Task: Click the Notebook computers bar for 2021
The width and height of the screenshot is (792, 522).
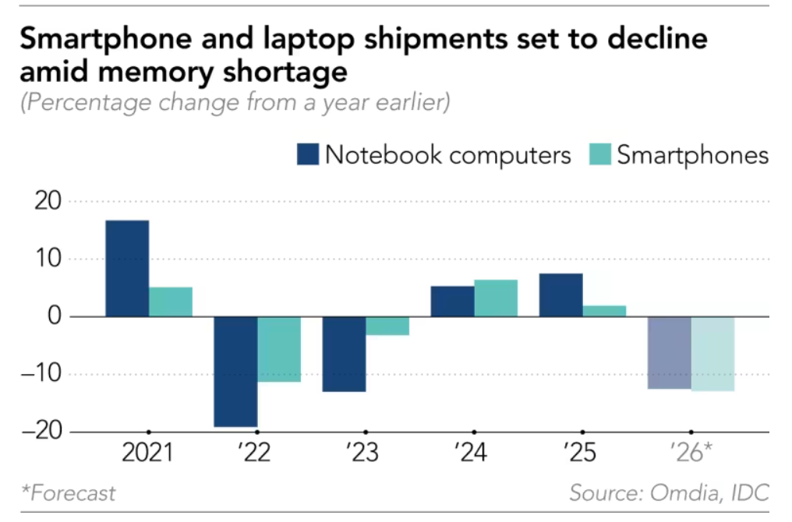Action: [x=127, y=268]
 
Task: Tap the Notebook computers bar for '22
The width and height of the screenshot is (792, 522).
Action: [x=235, y=372]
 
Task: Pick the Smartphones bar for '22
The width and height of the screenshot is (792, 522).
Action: [x=279, y=349]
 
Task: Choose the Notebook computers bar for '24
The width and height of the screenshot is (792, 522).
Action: [x=452, y=301]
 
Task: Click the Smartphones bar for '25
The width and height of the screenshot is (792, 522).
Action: [x=604, y=311]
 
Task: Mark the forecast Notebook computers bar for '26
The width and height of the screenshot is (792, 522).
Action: [x=669, y=352]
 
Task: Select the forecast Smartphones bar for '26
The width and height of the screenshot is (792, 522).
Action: [x=712, y=354]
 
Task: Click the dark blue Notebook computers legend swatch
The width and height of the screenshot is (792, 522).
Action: [x=308, y=155]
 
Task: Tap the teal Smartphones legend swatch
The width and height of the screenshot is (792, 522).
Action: [x=599, y=155]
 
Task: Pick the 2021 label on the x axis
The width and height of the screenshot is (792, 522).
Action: [x=149, y=453]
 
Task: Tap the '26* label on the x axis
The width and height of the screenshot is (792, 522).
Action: [x=691, y=453]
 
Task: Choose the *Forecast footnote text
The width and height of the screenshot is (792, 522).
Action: [x=68, y=493]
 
